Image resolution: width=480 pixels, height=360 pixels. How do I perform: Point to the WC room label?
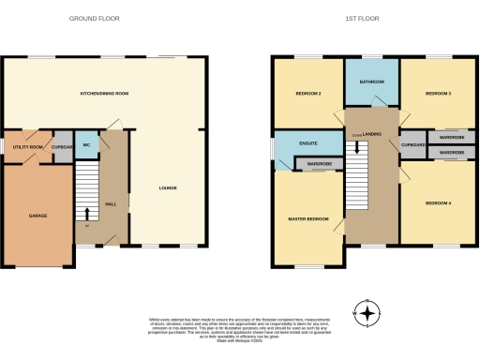coord(85,145)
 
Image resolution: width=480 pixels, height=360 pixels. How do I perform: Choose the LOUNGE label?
coord(167,188)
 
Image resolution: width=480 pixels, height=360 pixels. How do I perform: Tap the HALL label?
coord(110,203)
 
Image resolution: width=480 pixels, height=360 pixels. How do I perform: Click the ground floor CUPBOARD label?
coord(62,147)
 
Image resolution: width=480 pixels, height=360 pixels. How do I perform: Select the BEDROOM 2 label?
coord(309,95)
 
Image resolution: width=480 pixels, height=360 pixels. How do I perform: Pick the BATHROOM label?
coord(372,82)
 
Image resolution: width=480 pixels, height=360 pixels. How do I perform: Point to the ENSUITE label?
coord(307,143)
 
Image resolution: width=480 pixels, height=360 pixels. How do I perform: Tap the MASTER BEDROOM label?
coord(307,219)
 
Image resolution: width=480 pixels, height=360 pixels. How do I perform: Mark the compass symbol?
coord(368,312)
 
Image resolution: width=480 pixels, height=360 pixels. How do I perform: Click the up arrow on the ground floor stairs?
coord(88,215)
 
